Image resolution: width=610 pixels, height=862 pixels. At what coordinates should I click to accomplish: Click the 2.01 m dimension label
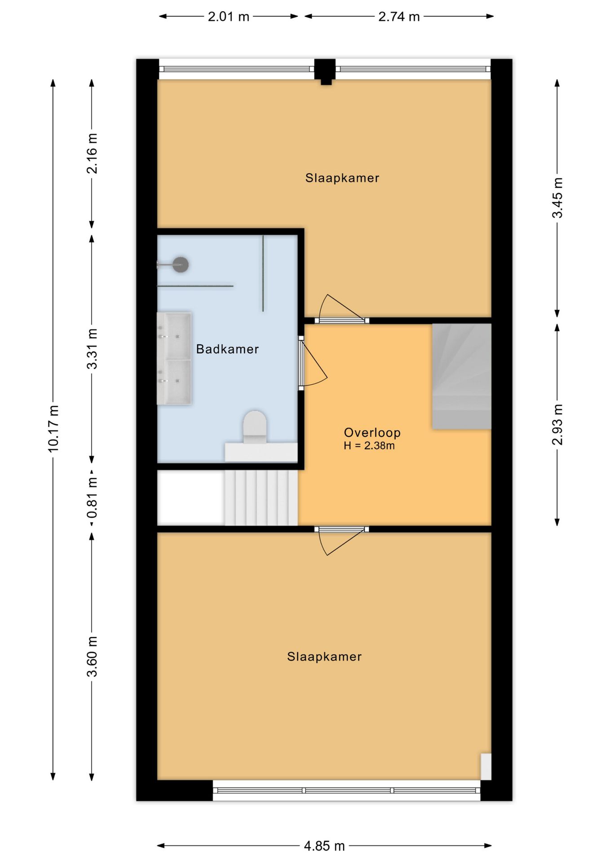point(228,17)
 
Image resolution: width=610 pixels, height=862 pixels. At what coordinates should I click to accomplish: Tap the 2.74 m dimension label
point(399,17)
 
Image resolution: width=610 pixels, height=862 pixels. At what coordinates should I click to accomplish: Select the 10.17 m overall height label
point(53,429)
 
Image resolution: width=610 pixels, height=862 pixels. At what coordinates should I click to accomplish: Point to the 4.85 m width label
point(324,846)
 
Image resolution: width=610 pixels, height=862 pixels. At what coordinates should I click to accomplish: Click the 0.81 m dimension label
point(92,497)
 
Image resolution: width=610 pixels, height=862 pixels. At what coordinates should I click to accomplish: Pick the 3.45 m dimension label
point(557,198)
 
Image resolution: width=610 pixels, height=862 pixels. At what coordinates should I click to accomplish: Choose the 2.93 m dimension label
point(557,425)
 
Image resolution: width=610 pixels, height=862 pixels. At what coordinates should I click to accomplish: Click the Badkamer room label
point(227,349)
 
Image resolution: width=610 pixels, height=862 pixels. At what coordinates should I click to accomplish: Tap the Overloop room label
point(372,432)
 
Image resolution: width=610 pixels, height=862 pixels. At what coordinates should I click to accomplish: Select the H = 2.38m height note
point(369,446)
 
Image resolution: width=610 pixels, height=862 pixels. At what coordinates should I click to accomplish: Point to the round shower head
point(181,264)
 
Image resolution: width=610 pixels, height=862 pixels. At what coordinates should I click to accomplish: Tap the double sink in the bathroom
point(174,359)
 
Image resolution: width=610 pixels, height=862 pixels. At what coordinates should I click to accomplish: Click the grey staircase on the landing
point(462,376)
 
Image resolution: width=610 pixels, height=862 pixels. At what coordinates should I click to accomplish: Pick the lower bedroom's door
point(341,541)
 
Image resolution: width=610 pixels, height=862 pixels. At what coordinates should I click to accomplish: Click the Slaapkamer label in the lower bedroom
point(324,657)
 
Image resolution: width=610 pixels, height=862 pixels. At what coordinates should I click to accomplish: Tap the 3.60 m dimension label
point(92,656)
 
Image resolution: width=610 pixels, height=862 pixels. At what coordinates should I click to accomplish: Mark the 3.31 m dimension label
point(92,349)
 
